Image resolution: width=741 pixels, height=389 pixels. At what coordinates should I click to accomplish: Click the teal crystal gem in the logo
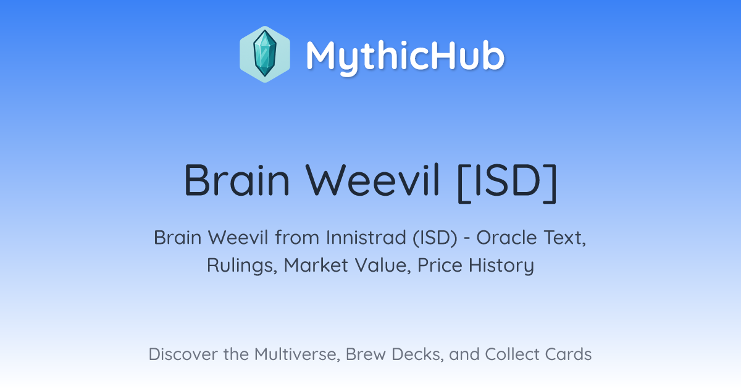pos(265,54)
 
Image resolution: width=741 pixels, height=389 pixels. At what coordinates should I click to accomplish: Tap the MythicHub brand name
pos(405,56)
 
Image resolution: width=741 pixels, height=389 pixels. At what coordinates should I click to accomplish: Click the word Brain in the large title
pos(237,180)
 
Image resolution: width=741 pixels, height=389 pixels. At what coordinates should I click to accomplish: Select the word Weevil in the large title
pos(372,180)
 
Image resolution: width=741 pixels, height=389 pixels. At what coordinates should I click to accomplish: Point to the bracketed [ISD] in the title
pos(508,183)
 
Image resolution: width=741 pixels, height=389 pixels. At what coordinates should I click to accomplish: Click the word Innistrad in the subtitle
pos(366,238)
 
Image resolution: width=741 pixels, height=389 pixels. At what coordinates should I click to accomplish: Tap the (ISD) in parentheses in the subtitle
pos(435,238)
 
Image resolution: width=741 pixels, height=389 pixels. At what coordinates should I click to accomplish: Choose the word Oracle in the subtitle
pos(506,238)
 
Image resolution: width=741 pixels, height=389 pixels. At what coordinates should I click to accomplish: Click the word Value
pos(383,266)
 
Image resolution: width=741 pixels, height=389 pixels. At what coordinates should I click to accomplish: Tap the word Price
pos(440,265)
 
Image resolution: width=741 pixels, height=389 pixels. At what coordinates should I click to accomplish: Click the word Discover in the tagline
pos(183,354)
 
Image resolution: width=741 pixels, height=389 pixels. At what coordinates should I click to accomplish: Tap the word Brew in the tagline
pos(366,354)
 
